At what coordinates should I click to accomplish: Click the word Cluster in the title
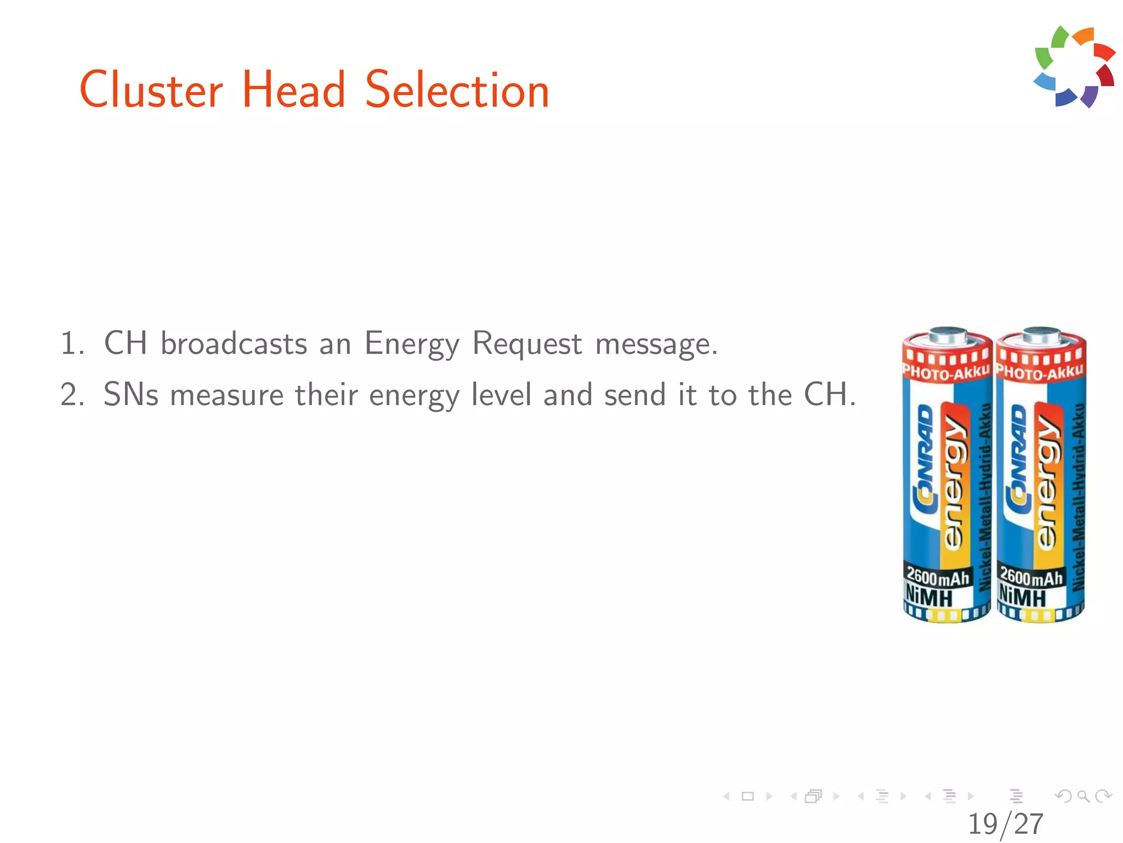(x=151, y=90)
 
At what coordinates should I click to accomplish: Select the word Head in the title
(x=293, y=90)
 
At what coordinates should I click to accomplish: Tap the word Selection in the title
(x=457, y=90)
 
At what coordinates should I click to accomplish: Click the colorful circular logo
(x=1074, y=66)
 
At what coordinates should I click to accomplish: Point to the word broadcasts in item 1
(x=234, y=344)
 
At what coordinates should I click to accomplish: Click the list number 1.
(x=72, y=344)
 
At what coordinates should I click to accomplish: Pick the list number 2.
(x=72, y=395)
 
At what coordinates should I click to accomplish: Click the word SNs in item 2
(x=131, y=395)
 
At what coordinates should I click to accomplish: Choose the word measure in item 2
(x=227, y=395)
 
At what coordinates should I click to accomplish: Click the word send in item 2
(x=634, y=395)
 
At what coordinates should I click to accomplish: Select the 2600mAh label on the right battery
(x=1031, y=576)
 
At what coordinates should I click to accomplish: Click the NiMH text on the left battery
(x=929, y=596)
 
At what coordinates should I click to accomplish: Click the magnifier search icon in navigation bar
(x=1083, y=796)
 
